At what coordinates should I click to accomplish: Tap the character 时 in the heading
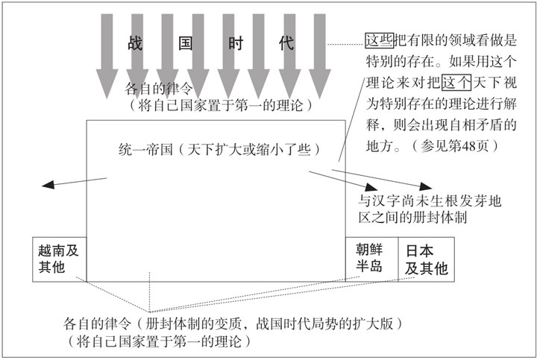tap(235, 42)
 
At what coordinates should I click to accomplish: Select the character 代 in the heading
tap(286, 42)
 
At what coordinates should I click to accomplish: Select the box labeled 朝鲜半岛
tap(370, 258)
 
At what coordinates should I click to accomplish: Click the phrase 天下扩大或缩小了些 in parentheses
tap(251, 149)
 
